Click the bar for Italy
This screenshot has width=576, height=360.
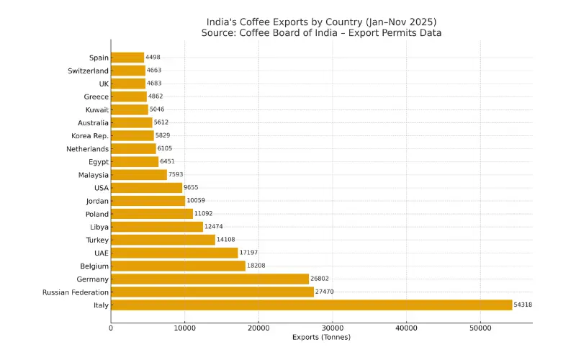(x=311, y=305)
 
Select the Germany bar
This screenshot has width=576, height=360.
(x=210, y=279)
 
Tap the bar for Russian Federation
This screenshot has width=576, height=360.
(x=212, y=292)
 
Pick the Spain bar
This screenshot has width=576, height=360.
(x=127, y=58)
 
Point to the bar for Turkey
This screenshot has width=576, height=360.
(x=163, y=240)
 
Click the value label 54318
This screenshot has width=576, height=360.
(x=523, y=305)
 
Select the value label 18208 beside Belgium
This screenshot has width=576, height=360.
(x=256, y=266)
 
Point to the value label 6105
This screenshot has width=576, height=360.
(x=166, y=149)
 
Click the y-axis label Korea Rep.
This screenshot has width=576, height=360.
(x=90, y=136)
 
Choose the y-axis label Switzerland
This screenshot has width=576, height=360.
(x=88, y=71)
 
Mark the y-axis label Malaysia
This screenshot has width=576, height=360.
(x=94, y=175)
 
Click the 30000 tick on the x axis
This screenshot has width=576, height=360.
(x=332, y=328)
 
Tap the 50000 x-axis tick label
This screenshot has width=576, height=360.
(x=480, y=328)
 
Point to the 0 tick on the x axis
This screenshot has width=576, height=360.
(x=111, y=328)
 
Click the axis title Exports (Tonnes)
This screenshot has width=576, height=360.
(x=321, y=337)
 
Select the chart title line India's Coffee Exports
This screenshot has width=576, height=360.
(x=321, y=22)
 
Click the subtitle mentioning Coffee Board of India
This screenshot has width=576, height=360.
(x=321, y=33)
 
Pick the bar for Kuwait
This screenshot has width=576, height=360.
(x=130, y=109)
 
